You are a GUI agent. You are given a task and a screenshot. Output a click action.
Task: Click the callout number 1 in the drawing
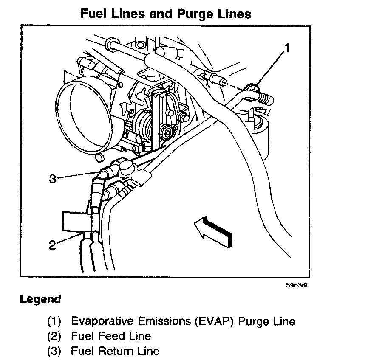[x=287, y=48]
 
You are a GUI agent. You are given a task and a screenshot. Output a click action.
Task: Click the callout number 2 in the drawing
[x=52, y=245]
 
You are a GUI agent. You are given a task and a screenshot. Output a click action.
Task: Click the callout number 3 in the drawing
[x=53, y=179]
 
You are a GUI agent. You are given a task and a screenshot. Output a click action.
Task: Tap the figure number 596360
[x=297, y=285]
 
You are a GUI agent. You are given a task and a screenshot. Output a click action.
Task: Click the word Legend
[x=40, y=299]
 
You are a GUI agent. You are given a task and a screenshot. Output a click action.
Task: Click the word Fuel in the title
[x=94, y=14]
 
